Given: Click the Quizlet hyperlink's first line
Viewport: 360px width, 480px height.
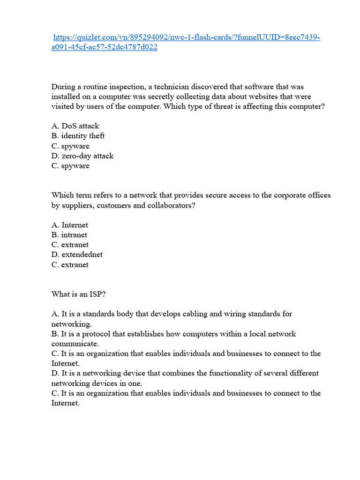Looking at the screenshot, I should point(187,37).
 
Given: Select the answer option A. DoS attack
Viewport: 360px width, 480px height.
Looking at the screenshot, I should point(75,126).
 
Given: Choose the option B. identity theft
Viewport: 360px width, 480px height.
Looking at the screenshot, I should point(78,136).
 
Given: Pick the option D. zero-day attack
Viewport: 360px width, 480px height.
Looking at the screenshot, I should point(82,156).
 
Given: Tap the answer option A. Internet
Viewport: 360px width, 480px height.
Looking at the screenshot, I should point(69,225).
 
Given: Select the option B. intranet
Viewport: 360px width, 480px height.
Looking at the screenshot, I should point(69,235).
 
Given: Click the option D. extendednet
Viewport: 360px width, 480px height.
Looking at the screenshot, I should point(77,255).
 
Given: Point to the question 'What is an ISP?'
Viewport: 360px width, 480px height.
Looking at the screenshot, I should point(75,294).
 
